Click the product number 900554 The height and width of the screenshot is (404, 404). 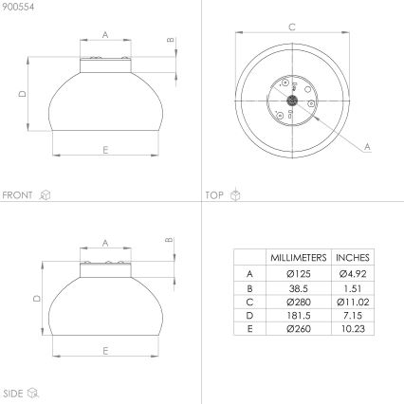18,7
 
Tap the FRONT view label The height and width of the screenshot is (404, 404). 17,195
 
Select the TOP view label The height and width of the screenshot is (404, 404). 214,195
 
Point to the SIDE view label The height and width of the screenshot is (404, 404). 12,394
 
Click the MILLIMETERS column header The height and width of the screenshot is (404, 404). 299,258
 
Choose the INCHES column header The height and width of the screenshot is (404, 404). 353,258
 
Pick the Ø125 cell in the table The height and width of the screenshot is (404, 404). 299,273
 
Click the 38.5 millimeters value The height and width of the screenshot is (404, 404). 299,288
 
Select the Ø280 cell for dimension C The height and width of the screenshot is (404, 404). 299,302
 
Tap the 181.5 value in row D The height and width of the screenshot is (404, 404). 299,316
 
